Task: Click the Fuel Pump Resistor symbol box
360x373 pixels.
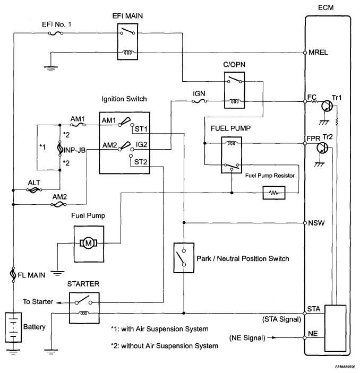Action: (275, 193)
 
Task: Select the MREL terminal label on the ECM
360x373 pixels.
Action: (318, 53)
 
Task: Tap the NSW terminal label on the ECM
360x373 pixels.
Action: (316, 222)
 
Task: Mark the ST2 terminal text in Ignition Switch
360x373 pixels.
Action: (141, 162)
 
